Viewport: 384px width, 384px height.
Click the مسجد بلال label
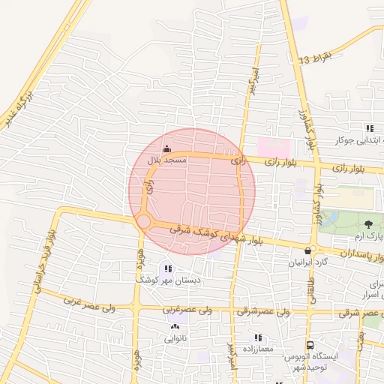pyautogui.click(x=163, y=160)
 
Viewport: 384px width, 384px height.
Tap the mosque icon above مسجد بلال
pyautogui.click(x=166, y=149)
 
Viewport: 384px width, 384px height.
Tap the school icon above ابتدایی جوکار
pyautogui.click(x=368, y=127)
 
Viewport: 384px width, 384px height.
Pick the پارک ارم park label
pyautogui.click(x=369, y=235)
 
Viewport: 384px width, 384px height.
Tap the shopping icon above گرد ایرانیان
pyautogui.click(x=307, y=250)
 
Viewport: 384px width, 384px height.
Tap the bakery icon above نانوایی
pyautogui.click(x=175, y=327)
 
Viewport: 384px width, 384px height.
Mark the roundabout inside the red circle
pyautogui.click(x=143, y=221)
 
